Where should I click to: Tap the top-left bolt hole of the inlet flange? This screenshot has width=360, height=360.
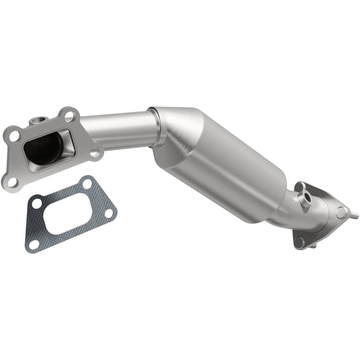(14, 136)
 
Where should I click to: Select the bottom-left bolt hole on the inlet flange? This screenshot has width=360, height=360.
(11, 181)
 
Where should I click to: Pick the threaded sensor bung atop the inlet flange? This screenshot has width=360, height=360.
(36, 122)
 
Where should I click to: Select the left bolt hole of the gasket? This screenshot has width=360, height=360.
(38, 201)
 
